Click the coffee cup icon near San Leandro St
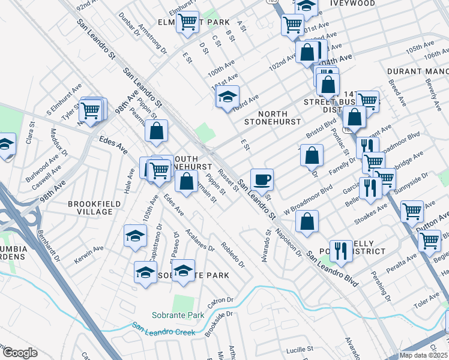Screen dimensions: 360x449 click(262, 179)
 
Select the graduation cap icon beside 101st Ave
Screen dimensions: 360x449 click(228, 96)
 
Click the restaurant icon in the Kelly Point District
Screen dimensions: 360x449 click(341, 251)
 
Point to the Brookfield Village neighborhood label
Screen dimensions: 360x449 click(90, 208)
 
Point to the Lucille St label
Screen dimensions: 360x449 click(300, 349)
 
